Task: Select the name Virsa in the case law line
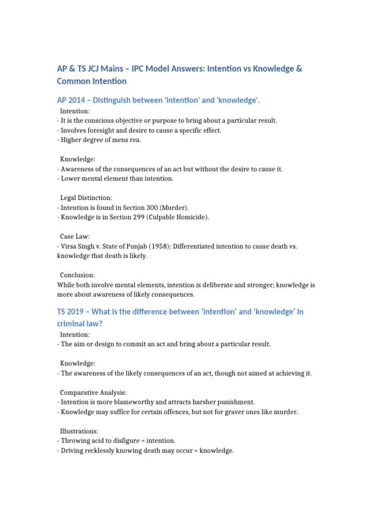click(69, 246)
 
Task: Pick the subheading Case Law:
click(75, 236)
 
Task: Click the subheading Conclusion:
click(77, 275)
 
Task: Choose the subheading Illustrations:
click(79, 431)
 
